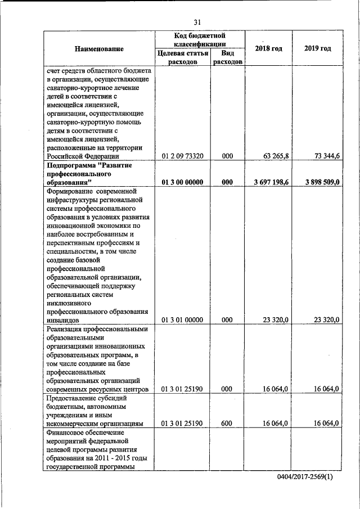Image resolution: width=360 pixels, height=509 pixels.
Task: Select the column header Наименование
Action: pos(99,49)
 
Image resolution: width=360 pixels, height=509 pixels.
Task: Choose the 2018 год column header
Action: pos(268,48)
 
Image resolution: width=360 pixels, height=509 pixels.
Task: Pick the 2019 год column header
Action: pos(318,48)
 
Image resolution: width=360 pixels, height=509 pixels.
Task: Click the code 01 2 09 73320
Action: pos(182,156)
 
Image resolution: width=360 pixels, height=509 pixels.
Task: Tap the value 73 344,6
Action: pos(326,156)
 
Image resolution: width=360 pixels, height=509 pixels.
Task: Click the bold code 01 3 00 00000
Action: pos(182,182)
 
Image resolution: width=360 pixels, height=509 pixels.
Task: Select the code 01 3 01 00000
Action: pos(182,320)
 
